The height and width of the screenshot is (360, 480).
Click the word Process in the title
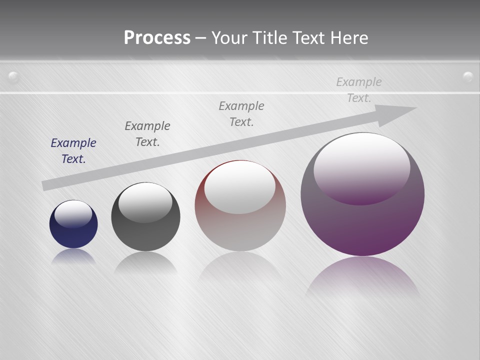[x=157, y=38]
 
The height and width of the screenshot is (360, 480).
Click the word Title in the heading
[x=271, y=38]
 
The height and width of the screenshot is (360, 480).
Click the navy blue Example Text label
[x=73, y=151]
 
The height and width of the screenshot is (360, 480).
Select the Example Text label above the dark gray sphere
[x=147, y=134]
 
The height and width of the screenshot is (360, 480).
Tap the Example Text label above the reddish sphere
[x=241, y=114]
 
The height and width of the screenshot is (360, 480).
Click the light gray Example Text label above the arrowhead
[x=359, y=90]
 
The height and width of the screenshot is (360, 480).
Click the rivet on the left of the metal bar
[x=14, y=77]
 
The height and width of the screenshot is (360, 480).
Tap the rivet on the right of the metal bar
[x=468, y=76]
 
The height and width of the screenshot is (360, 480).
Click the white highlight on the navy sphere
[x=73, y=212]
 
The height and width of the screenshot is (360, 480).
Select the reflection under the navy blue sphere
[x=73, y=256]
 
